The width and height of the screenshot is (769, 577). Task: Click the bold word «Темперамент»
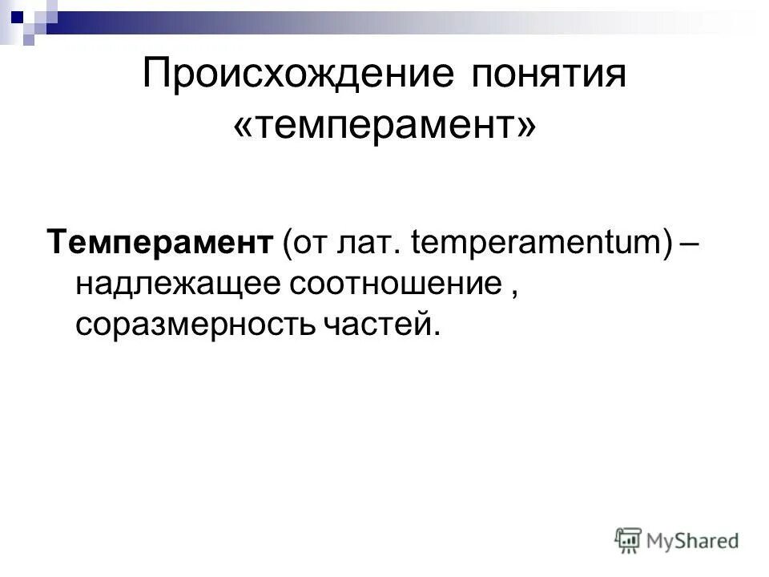click(x=160, y=240)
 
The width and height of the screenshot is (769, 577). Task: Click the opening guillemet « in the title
click(x=243, y=127)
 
